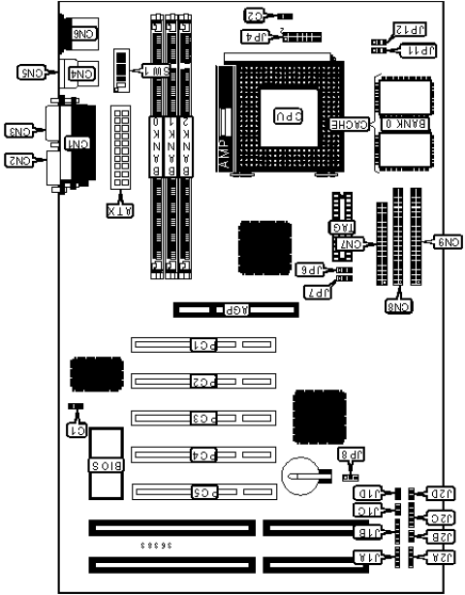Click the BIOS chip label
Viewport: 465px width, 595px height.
104,466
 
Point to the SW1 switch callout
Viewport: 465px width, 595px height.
153,71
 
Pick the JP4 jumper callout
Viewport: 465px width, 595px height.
249,37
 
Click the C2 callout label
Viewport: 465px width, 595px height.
254,15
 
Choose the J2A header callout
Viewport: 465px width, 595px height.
440,556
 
